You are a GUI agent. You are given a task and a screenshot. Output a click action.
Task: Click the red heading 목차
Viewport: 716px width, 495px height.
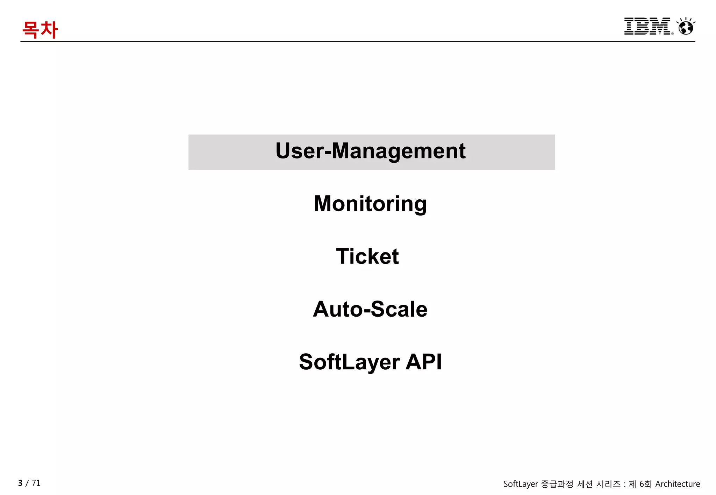40,30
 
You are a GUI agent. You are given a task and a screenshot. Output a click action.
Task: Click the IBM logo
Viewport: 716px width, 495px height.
647,26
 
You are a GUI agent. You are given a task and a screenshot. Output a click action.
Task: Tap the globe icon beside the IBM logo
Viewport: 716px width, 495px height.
686,27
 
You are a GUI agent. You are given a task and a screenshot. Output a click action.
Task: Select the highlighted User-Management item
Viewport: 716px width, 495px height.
371,152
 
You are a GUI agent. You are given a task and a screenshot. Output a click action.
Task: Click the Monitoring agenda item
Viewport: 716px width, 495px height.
370,204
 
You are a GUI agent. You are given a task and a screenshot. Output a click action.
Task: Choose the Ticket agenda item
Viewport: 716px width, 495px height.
367,256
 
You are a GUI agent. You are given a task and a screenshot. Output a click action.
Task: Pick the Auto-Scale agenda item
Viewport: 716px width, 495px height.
370,309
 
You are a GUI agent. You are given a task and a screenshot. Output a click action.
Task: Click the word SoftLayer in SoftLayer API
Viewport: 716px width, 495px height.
349,362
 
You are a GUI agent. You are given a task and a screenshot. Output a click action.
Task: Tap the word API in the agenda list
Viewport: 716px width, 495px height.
424,362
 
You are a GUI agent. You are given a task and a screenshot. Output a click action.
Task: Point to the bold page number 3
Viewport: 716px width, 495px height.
20,483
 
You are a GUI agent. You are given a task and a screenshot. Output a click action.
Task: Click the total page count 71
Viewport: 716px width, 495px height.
36,483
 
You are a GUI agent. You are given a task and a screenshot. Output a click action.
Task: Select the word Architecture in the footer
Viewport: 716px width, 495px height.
678,484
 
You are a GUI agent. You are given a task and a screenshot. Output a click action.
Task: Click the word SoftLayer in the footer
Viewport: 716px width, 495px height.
521,484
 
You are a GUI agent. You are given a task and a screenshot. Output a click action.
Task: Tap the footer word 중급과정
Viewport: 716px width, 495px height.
557,484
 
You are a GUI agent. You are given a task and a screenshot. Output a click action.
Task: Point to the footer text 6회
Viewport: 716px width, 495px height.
645,484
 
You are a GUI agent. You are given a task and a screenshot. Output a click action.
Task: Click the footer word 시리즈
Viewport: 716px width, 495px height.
608,484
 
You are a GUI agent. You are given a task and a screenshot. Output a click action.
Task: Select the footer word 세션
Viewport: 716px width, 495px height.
585,484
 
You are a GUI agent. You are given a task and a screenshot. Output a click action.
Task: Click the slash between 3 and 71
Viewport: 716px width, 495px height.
27,483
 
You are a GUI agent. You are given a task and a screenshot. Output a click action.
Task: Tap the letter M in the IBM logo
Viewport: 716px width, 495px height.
661,26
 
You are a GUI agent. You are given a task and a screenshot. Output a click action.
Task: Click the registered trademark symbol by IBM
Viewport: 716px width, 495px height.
672,34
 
